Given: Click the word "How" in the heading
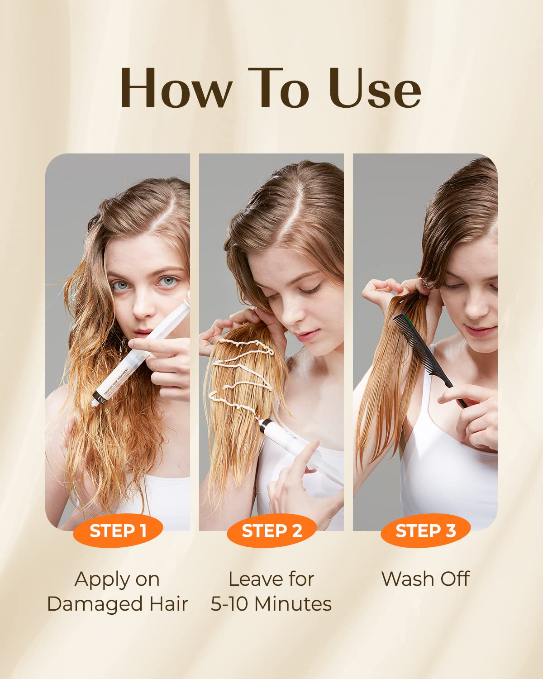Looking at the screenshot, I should (176, 89).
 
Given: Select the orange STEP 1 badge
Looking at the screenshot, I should (118, 531).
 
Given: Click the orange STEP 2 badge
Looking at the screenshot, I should (271, 531).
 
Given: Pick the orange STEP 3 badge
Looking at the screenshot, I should (425, 531).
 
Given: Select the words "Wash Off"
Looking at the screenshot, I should (425, 579).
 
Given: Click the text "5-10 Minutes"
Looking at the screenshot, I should (271, 604).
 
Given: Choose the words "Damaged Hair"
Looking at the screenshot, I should (118, 604).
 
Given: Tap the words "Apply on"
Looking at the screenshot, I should (117, 579).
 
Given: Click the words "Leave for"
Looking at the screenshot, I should (271, 579).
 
